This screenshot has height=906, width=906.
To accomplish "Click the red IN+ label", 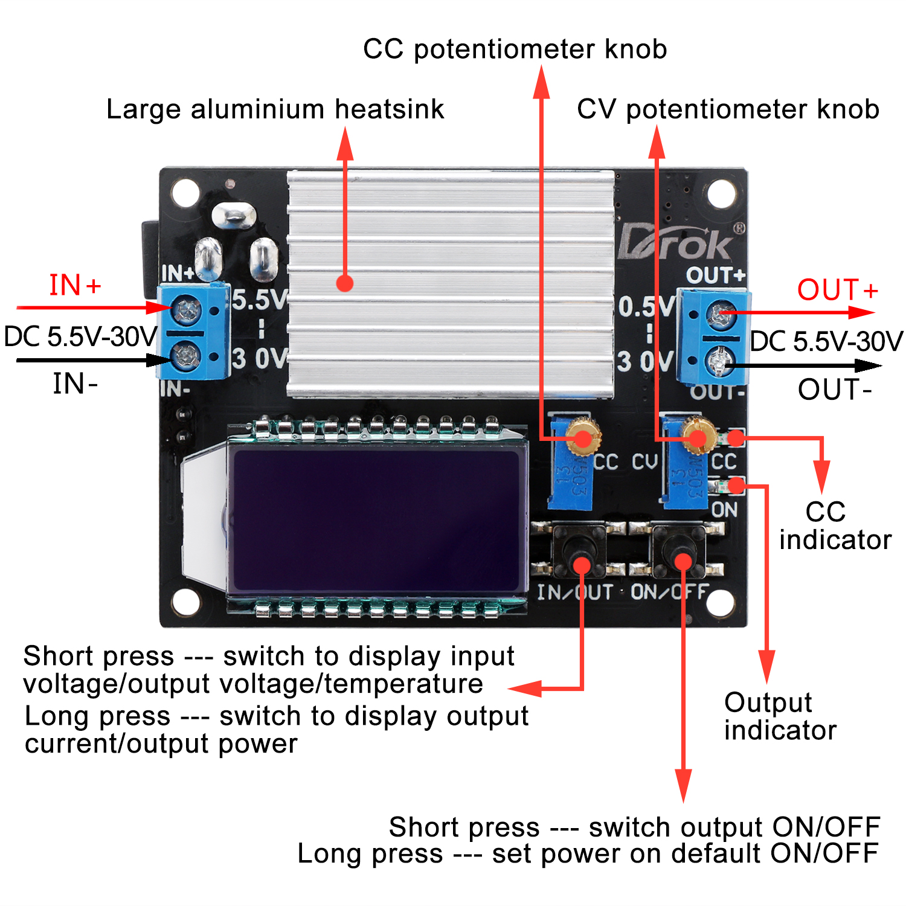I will (75, 286).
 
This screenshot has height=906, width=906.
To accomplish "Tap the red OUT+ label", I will (837, 290).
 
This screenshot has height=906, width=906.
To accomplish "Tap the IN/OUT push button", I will (580, 547).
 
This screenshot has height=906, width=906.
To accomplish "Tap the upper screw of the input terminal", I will (187, 310).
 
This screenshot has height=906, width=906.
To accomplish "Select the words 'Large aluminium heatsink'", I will (275, 110).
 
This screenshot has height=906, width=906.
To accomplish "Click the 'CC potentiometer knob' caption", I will (515, 50).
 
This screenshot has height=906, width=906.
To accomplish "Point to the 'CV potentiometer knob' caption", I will (728, 110).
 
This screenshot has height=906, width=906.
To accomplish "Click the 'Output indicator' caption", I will (780, 716).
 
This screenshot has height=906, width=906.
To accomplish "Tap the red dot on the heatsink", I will (345, 283).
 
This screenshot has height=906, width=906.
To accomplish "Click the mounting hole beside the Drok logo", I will (721, 194).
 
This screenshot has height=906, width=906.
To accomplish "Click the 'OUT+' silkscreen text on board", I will (716, 275).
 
